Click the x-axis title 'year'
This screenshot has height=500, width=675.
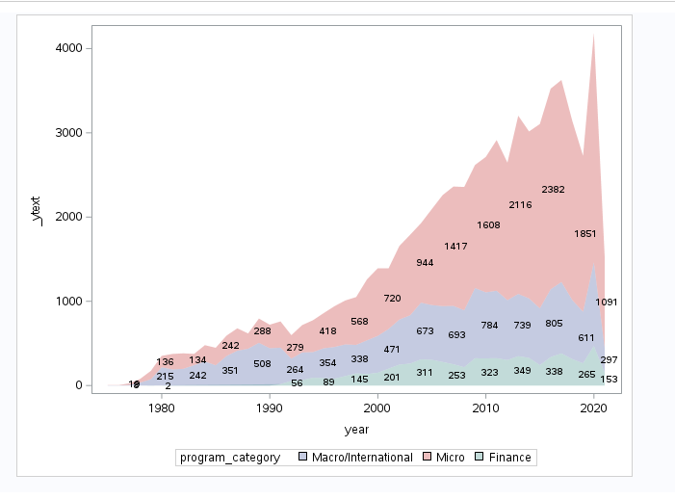pyautogui.click(x=357, y=429)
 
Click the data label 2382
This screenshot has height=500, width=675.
pyautogui.click(x=553, y=189)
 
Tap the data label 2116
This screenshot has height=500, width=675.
pyautogui.click(x=520, y=204)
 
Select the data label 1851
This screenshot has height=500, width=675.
pyautogui.click(x=584, y=233)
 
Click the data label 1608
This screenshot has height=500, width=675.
pyautogui.click(x=488, y=224)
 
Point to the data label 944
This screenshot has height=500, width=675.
pyautogui.click(x=425, y=262)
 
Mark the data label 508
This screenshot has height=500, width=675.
pyautogui.click(x=262, y=363)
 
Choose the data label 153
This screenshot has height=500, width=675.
pyautogui.click(x=609, y=379)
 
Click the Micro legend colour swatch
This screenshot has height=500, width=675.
pyautogui.click(x=428, y=458)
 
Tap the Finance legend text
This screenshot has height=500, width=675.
pyautogui.click(x=511, y=458)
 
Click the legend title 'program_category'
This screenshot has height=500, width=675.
pyautogui.click(x=229, y=458)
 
